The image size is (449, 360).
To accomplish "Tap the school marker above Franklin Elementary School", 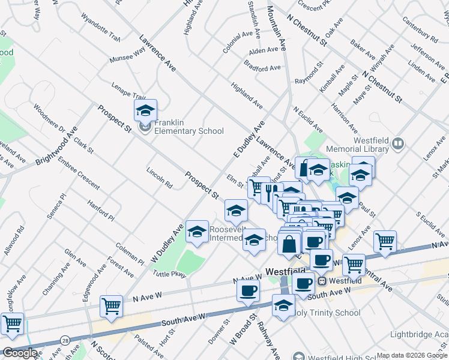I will (x=145, y=110).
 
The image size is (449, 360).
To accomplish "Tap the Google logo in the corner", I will (x=19, y=353).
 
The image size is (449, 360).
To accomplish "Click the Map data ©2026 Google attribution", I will (x=412, y=355).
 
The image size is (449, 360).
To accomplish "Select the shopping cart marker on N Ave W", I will (x=111, y=306).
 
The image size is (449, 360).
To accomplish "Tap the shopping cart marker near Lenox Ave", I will (x=385, y=242).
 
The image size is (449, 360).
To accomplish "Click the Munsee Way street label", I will (x=127, y=56).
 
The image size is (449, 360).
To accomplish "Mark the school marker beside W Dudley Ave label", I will (x=197, y=233).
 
